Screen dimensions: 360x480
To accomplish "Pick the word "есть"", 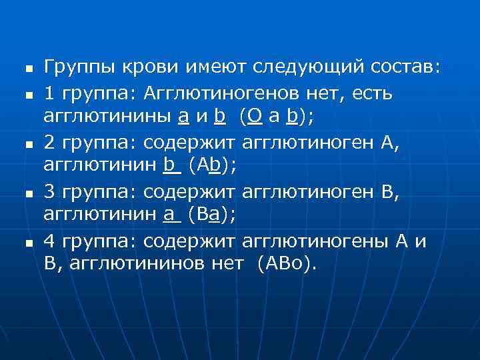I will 374,95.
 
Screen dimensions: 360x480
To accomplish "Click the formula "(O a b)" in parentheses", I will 277,117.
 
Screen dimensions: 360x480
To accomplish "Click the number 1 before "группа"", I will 49,95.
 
